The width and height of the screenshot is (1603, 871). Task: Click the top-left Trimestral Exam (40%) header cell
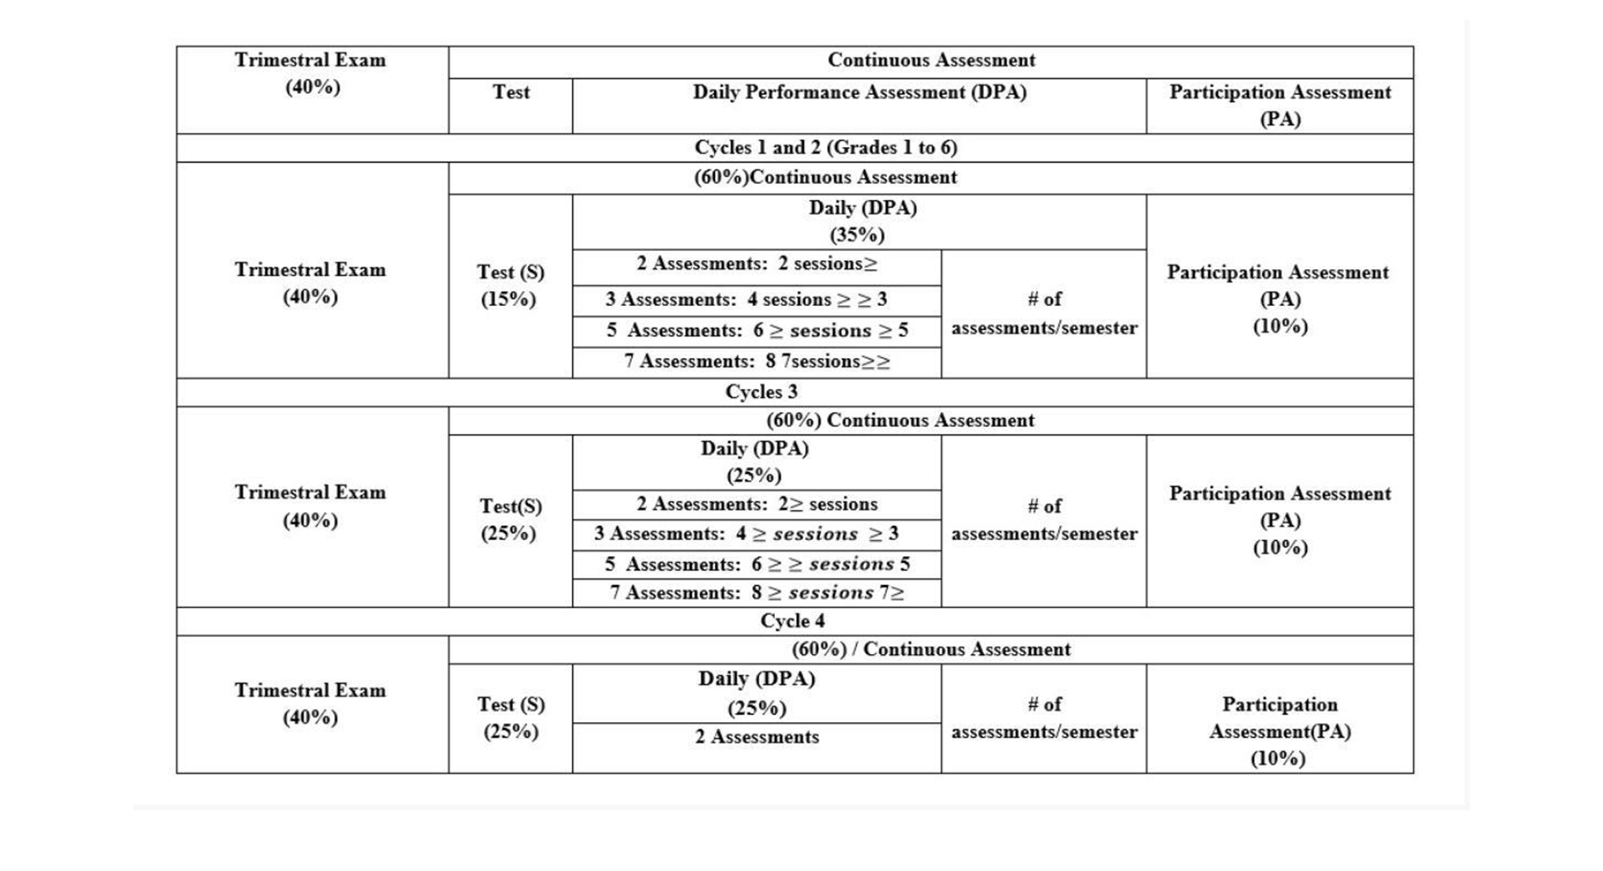(x=311, y=74)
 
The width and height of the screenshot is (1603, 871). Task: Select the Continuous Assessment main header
(x=930, y=61)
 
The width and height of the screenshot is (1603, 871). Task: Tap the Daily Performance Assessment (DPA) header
(x=859, y=93)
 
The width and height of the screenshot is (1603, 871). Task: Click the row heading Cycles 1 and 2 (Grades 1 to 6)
(x=826, y=148)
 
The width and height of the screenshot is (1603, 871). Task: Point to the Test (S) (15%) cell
(x=510, y=285)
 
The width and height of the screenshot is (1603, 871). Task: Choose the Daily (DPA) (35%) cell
(x=859, y=221)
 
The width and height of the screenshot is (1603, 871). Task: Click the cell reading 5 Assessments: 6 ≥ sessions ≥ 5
(x=757, y=331)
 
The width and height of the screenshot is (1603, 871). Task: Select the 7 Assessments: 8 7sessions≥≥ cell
(x=757, y=362)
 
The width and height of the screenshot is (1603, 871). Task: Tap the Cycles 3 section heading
(x=761, y=392)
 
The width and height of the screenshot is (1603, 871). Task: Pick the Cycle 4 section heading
(x=792, y=621)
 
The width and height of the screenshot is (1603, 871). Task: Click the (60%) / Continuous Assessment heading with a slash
(x=930, y=649)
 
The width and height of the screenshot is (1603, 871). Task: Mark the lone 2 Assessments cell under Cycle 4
(x=757, y=737)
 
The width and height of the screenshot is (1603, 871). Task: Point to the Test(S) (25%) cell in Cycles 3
(x=510, y=519)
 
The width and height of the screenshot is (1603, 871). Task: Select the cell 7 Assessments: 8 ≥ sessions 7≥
(x=757, y=593)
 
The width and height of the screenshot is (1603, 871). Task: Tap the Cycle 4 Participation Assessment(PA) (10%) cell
(x=1279, y=731)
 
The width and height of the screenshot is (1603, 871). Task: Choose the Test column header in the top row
(x=510, y=93)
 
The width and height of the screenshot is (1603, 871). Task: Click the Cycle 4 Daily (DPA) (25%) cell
(x=757, y=693)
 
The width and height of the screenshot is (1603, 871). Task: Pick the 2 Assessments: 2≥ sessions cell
(x=757, y=504)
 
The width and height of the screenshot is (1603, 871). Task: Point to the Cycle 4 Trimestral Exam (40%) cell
(x=311, y=704)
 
